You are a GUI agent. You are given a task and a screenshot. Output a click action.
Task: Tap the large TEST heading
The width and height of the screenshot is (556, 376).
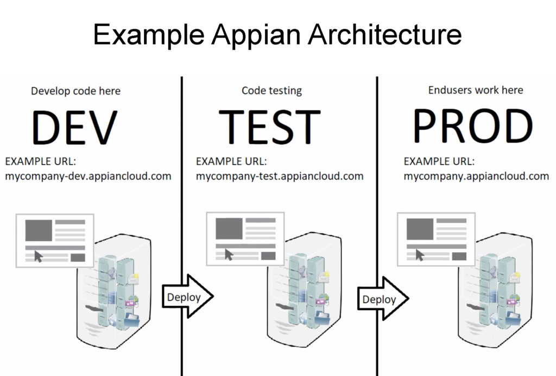pos(270,127)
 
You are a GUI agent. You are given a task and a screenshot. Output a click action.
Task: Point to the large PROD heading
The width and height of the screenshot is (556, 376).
pos(472,127)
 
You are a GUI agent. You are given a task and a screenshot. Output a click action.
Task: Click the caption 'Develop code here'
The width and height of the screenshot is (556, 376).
pos(75,91)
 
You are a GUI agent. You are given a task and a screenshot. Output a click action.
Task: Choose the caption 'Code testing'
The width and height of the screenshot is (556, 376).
pos(271,90)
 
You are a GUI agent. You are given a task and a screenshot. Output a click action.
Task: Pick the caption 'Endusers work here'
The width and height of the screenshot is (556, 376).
pos(476,90)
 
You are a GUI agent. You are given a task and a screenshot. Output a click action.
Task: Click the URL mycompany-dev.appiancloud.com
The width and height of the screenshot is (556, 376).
pos(89,176)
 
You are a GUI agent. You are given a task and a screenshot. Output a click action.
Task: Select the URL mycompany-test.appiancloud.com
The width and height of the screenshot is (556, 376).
pos(280,176)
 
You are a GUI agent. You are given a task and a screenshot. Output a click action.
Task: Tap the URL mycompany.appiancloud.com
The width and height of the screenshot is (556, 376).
pos(476,176)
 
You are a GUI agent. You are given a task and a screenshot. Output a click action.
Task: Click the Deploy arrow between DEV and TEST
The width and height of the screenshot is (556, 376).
pos(187,297)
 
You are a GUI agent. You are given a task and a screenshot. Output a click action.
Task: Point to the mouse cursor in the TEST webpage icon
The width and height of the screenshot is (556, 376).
pos(229,254)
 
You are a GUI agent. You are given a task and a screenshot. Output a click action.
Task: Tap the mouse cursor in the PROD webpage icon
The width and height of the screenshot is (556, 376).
pos(420,254)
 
